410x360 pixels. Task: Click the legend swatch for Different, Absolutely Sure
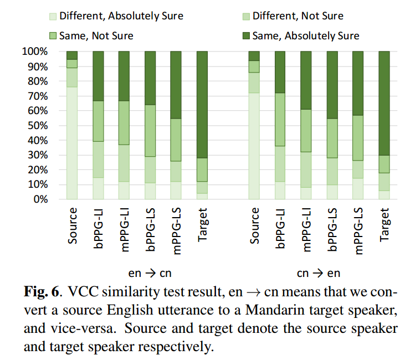(x=53, y=17)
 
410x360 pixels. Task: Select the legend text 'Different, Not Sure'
(x=298, y=16)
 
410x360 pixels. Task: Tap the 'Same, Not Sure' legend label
(x=96, y=36)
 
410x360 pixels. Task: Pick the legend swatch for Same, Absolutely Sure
(x=246, y=36)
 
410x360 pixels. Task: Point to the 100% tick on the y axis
(x=35, y=52)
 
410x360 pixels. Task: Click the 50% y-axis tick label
(x=38, y=126)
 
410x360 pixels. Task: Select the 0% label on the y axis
(x=40, y=199)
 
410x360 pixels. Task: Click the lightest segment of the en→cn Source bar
(x=72, y=143)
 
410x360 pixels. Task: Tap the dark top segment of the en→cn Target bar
(x=202, y=105)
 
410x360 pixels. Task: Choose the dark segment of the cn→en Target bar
(x=384, y=103)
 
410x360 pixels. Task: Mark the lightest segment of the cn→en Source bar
(x=254, y=146)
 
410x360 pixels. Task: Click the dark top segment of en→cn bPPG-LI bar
(x=98, y=76)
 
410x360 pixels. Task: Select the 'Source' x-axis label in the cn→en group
(x=254, y=226)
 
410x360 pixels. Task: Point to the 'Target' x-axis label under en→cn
(x=202, y=225)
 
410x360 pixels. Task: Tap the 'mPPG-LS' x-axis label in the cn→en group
(x=358, y=231)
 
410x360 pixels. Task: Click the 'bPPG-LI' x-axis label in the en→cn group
(x=98, y=228)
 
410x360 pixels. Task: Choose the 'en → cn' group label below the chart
(x=150, y=273)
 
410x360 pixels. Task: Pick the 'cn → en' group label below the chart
(x=319, y=273)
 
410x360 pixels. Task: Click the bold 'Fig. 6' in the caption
(x=42, y=292)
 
